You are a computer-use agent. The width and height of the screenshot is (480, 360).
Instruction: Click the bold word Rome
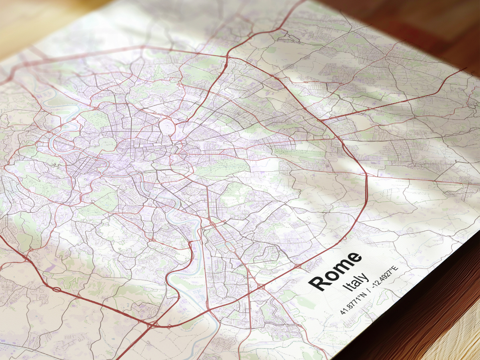pos(335,271)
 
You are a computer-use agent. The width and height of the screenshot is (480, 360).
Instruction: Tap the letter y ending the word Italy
pos(365,276)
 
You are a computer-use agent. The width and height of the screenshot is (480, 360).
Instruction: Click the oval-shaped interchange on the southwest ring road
pos(57,289)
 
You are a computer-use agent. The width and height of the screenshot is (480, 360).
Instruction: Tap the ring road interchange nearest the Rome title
pos(298,265)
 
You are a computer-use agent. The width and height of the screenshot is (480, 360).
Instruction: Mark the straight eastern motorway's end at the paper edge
pos(466,68)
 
